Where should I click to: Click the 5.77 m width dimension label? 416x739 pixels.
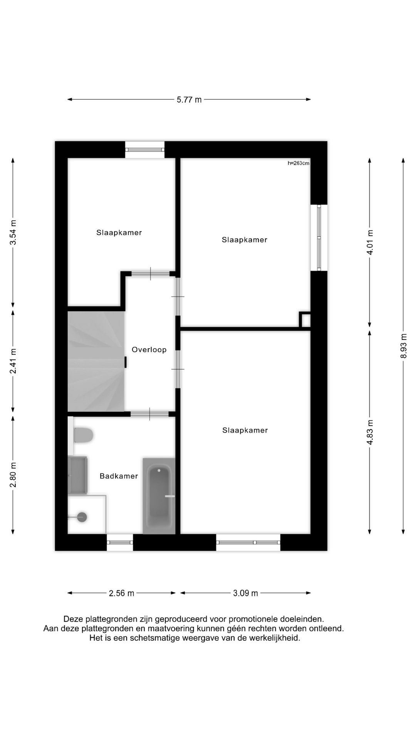pos(189,100)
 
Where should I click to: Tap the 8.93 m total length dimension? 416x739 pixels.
pos(403,345)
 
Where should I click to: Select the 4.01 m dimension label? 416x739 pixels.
pos(370,242)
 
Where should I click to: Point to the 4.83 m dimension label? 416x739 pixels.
pos(370,432)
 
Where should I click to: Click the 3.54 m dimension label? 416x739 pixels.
pos(13,232)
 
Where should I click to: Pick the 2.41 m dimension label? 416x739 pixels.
pos(13,361)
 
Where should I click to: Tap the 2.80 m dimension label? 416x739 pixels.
pos(13,474)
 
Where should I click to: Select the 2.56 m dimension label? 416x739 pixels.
pos(121,593)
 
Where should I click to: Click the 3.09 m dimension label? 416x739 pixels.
pos(245,593)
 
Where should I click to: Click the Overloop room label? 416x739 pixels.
pos(149,350)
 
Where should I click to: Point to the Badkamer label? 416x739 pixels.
pos(119,476)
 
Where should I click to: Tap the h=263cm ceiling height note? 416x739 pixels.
pos(299,163)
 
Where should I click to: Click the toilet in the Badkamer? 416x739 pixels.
pos(83,435)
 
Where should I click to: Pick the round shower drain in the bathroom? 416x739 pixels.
pos(82,517)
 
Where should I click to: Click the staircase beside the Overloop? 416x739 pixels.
pos(96,361)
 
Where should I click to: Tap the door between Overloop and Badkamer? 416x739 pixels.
pos(149,414)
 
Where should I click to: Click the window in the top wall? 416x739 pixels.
pos(145,150)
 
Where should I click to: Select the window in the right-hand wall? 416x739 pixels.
pos(319,237)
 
